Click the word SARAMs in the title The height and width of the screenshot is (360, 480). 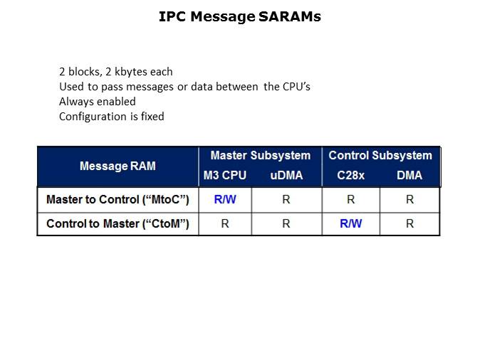(290, 16)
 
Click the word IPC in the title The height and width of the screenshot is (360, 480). (172, 16)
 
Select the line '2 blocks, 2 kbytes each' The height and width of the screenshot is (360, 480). (115, 72)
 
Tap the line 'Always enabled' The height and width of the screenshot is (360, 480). (98, 102)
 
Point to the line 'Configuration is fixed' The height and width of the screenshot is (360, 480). (112, 116)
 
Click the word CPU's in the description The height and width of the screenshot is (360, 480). (296, 87)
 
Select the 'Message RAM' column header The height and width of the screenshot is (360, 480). (118, 166)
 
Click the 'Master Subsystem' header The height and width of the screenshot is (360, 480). (261, 155)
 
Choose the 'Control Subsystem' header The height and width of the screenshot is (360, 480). (380, 155)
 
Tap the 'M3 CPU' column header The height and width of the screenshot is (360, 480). (225, 175)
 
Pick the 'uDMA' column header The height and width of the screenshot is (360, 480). (286, 175)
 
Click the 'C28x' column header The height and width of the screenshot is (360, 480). (351, 175)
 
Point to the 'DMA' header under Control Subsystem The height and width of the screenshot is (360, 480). (409, 175)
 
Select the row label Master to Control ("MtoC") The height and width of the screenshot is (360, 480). (118, 199)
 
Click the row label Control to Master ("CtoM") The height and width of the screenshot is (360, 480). (118, 223)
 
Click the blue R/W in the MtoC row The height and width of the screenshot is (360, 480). (225, 199)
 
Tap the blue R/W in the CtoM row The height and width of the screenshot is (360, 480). (351, 223)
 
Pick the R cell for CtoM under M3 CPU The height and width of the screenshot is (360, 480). (225, 223)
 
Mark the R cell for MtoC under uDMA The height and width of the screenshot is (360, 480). (286, 199)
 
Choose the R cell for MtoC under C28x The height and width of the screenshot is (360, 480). (351, 199)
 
